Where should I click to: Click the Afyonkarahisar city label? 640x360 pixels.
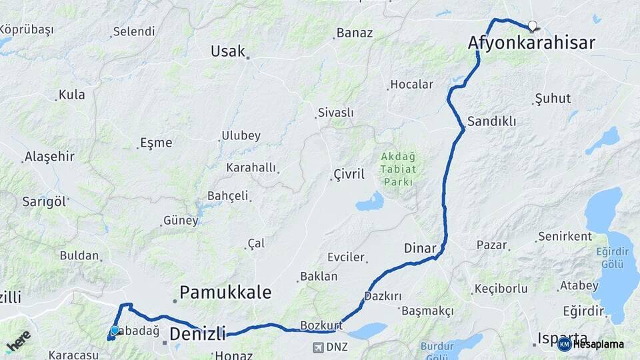click(x=531, y=43)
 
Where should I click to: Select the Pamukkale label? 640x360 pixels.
click(x=226, y=292)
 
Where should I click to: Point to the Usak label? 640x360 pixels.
click(x=228, y=51)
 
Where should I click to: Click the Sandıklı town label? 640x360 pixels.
click(x=492, y=121)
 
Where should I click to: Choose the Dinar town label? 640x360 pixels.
click(x=420, y=248)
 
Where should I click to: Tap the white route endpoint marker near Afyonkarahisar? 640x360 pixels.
click(x=532, y=26)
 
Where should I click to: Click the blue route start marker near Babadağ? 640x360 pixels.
click(x=115, y=330)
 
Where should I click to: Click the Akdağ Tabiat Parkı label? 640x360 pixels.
click(x=398, y=169)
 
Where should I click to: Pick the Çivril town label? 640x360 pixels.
click(x=349, y=175)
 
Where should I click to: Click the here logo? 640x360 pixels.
click(x=18, y=342)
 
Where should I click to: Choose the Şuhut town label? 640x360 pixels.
click(x=553, y=99)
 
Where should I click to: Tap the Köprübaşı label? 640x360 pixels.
click(x=27, y=30)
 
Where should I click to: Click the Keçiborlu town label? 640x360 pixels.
click(x=501, y=289)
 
